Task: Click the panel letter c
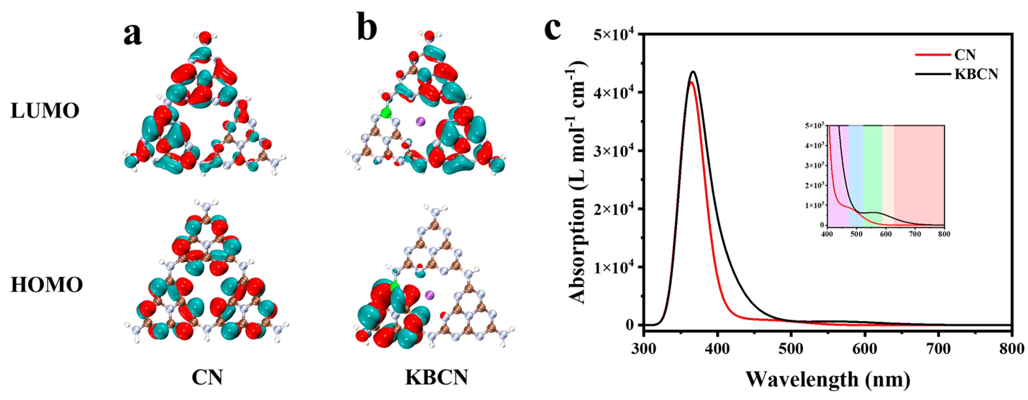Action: [553, 29]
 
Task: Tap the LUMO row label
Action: [45, 111]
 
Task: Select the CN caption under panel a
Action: [207, 377]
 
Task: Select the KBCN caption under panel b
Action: [437, 377]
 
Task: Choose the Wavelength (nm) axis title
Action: [828, 379]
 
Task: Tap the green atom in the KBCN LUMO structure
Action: [385, 113]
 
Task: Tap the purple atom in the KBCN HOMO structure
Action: [430, 295]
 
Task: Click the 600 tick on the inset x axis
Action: [885, 234]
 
